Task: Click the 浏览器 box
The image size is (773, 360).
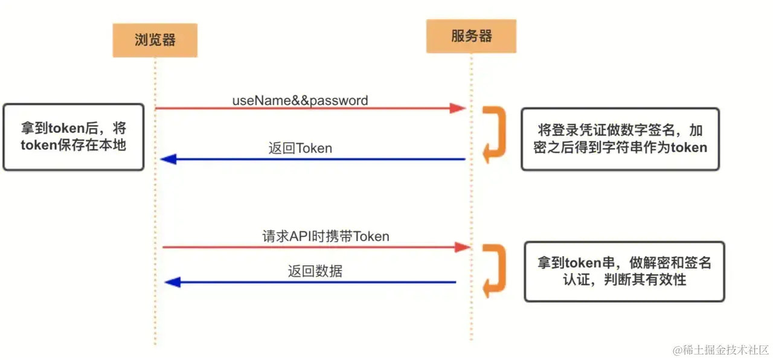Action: (155, 40)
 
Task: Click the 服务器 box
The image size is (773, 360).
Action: (471, 36)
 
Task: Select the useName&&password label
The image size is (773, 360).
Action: (300, 100)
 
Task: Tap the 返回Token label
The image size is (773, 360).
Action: (300, 148)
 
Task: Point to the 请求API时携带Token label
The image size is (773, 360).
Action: (326, 236)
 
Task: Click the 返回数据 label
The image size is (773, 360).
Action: (315, 271)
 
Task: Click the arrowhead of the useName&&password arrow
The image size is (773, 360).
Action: (458, 108)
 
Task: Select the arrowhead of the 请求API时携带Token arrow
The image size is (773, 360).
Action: (462, 246)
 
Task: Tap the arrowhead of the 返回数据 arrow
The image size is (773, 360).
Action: (173, 281)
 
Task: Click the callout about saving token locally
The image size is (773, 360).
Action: (74, 137)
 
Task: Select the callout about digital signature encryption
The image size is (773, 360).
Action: (620, 139)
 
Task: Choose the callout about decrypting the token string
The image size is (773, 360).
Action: (624, 271)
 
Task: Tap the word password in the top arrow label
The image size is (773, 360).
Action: (339, 100)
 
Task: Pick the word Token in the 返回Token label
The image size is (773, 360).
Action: (313, 148)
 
